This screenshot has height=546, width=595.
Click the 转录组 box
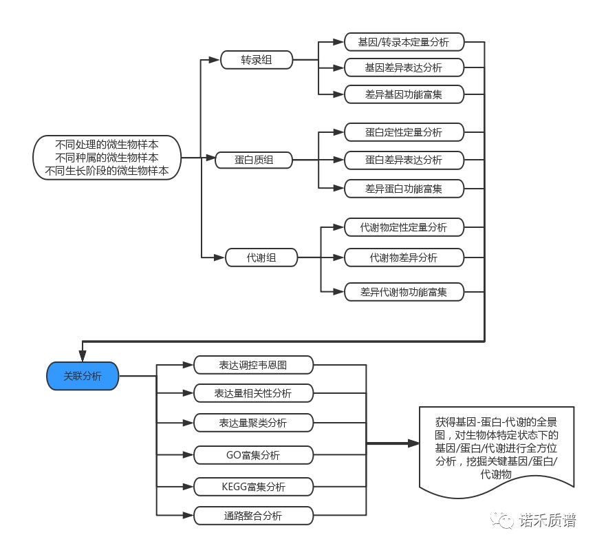click(257, 61)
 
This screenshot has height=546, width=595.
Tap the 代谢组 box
click(261, 258)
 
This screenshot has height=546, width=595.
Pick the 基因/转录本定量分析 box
click(404, 42)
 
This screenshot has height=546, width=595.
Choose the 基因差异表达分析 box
click(404, 67)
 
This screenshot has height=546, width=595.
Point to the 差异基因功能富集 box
click(404, 94)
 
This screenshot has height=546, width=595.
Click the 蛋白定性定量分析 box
click(404, 132)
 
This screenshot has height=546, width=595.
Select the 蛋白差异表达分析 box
click(404, 160)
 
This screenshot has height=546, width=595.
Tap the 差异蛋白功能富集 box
click(404, 187)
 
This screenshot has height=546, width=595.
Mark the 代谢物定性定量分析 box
click(404, 227)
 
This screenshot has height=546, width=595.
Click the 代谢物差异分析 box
click(404, 258)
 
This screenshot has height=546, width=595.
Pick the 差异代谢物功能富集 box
click(404, 292)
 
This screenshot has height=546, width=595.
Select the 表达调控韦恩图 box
click(254, 365)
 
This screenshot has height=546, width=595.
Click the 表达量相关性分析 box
click(254, 393)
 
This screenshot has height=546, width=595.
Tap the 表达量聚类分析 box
click(254, 422)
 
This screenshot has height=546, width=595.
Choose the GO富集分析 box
click(254, 455)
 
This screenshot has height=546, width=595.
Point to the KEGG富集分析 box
click(254, 487)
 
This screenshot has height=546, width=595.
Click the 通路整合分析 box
click(254, 515)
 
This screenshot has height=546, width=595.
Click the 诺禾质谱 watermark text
click(548, 521)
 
